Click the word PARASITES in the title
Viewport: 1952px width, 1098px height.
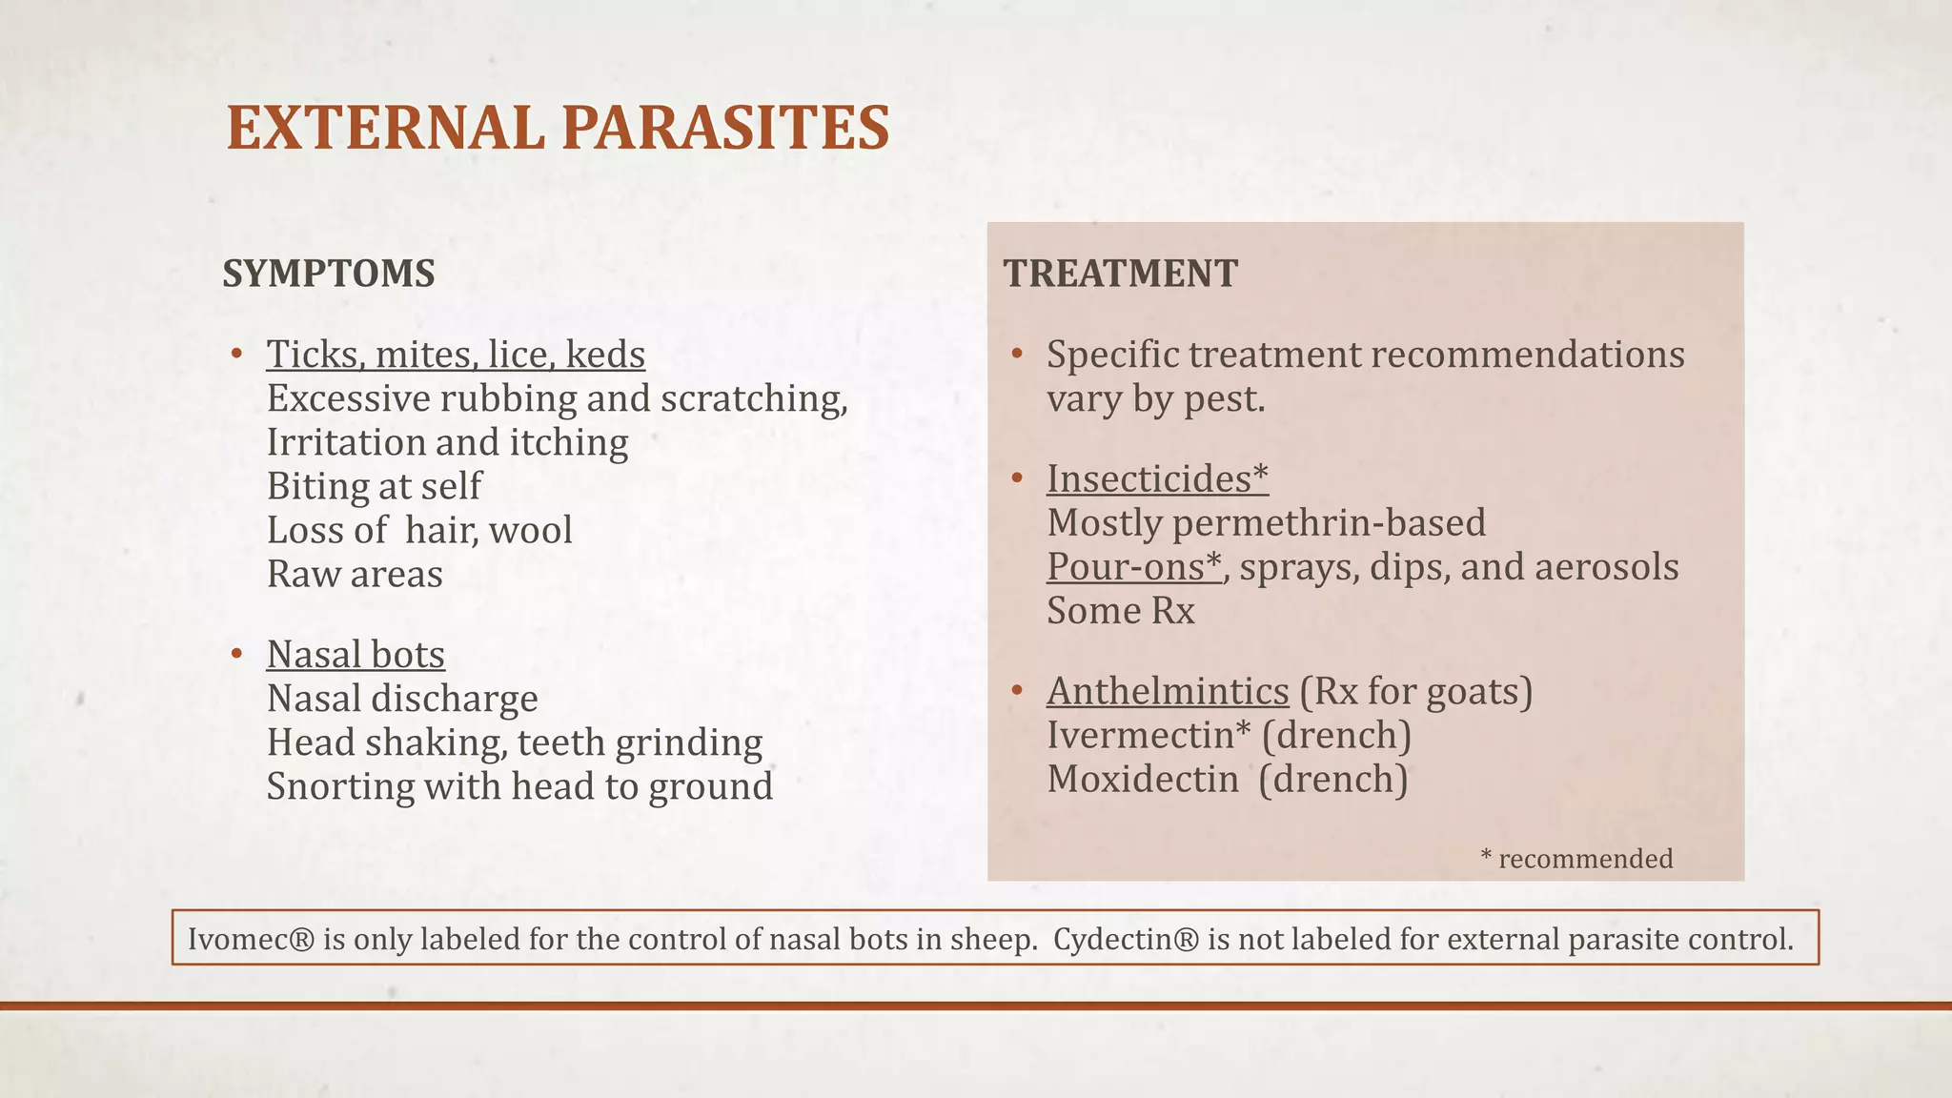[725, 129]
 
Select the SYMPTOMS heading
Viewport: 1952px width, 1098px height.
[329, 274]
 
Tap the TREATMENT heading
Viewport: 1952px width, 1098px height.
[1120, 274]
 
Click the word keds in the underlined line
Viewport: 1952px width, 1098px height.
[605, 355]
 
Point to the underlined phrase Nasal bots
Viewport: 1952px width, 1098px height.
[356, 655]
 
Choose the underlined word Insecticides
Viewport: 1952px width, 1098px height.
[1149, 479]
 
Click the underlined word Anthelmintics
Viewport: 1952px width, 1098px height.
[1168, 691]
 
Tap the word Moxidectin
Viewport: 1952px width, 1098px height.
[1143, 780]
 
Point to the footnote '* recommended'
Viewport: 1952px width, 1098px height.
[1576, 859]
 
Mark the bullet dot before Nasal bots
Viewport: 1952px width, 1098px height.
[236, 655]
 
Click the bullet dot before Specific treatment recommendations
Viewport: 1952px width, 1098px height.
[1017, 355]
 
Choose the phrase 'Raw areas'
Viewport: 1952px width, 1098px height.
[355, 575]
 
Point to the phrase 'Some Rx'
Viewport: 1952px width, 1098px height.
[1121, 611]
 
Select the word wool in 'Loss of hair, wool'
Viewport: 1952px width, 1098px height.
[530, 531]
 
